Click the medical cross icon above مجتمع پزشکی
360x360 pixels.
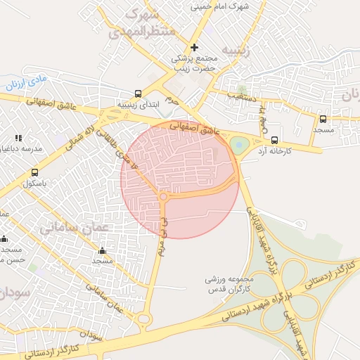click(x=195, y=48)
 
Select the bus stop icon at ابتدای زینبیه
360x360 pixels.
click(x=138, y=94)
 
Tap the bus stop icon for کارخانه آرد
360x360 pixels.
click(x=275, y=140)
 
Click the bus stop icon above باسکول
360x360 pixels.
click(x=34, y=172)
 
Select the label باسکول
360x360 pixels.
click(x=34, y=184)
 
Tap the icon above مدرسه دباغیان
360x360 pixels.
click(x=18, y=138)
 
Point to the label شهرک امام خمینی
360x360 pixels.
click(x=219, y=6)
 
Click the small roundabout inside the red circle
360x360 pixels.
click(x=163, y=198)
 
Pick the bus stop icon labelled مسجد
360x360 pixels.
click(x=323, y=120)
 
